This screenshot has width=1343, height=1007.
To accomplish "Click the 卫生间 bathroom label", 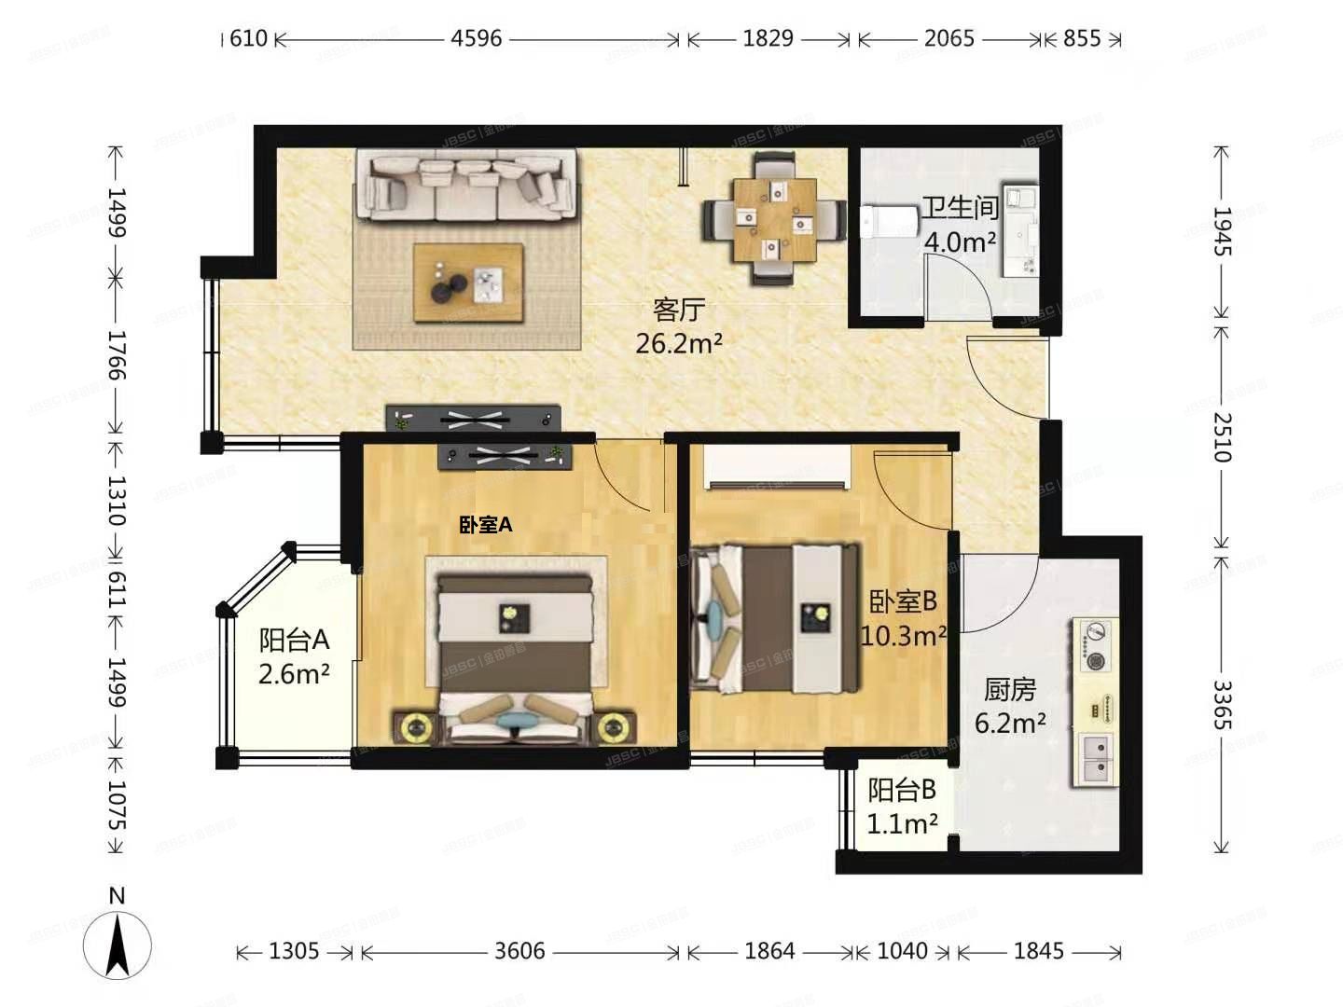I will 960,208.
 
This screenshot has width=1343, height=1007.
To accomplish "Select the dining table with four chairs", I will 774,220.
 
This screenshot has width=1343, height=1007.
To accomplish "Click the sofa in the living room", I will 466,186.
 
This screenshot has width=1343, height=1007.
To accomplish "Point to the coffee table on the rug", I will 469,283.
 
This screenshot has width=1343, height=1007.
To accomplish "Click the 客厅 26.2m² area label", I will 679,326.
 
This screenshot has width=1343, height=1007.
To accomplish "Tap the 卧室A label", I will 485,525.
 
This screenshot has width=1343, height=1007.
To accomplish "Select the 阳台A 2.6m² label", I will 294,656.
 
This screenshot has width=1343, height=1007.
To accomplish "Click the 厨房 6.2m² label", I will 1010,706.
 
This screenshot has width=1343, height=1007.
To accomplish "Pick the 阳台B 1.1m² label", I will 901,807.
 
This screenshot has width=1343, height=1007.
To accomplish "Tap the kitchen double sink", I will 1098,758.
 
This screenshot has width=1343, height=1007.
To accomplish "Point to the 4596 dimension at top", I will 476,38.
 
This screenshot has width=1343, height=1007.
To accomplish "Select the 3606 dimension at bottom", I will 519,951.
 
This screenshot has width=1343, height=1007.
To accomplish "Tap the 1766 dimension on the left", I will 116,354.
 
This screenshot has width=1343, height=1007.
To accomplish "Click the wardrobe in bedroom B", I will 778,466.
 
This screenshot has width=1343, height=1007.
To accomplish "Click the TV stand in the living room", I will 473,418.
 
